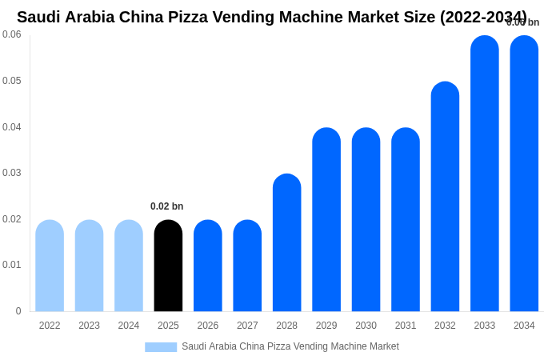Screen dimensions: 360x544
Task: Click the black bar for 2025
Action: click(x=168, y=266)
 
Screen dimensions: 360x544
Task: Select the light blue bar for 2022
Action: click(x=50, y=266)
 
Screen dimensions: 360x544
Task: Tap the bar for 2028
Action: click(x=286, y=242)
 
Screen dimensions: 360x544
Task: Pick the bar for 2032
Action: click(x=445, y=197)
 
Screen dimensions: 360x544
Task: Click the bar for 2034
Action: click(x=524, y=174)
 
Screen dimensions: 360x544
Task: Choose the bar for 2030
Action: click(x=366, y=220)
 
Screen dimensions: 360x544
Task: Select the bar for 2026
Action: click(x=208, y=266)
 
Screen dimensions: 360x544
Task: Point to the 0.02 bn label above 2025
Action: click(x=166, y=206)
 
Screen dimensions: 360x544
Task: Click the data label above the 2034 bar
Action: click(x=522, y=22)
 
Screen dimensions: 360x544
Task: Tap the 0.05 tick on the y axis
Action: click(x=11, y=81)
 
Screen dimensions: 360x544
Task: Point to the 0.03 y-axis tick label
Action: click(x=11, y=173)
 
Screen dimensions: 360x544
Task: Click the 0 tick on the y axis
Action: click(x=18, y=311)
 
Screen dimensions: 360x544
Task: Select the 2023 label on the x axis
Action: click(x=89, y=326)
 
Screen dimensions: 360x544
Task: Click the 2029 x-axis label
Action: click(x=326, y=326)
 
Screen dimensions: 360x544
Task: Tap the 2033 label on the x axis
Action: click(x=484, y=326)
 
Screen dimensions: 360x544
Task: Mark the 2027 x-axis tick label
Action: click(x=247, y=326)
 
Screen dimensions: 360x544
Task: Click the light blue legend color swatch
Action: click(x=161, y=347)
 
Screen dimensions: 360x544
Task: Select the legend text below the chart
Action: click(x=290, y=346)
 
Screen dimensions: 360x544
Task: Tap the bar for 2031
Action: click(x=406, y=220)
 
